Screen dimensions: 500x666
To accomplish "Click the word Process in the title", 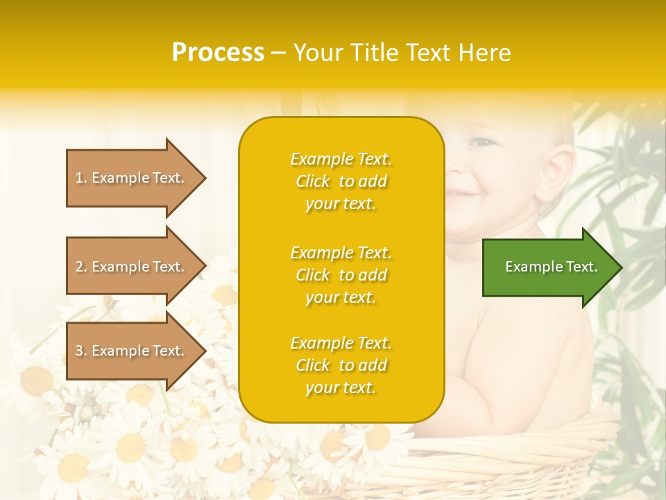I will tap(218, 53).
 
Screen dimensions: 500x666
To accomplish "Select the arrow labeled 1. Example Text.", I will tap(132, 178).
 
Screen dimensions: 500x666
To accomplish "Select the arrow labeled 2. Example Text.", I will tap(132, 267).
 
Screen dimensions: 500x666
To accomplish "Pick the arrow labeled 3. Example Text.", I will tap(132, 351).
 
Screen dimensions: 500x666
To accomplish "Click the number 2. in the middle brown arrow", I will tap(81, 267).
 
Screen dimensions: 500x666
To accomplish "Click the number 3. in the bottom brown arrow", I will tap(81, 351).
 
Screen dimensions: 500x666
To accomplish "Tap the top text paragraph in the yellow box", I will tap(341, 181).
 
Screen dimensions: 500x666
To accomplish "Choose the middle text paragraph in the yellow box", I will tap(341, 275).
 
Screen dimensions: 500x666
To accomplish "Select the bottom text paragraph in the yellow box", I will tap(341, 365).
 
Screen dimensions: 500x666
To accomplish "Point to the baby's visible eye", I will tap(481, 142).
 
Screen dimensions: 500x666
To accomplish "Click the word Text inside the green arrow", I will tap(582, 267).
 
